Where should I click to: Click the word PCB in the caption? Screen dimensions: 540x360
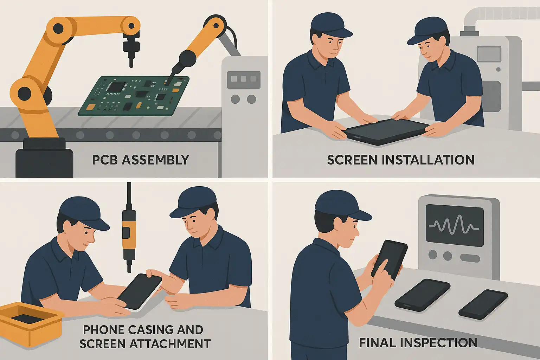[x=105, y=160]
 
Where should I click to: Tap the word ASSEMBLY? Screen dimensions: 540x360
[x=155, y=160]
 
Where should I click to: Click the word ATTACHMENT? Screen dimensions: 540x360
[x=170, y=344]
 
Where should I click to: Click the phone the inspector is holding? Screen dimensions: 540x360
[x=389, y=261]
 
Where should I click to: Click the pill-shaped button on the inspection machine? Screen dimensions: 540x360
[x=470, y=258]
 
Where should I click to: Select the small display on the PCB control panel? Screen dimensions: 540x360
[x=244, y=79]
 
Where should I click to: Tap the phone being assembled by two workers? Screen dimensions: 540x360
[x=139, y=291]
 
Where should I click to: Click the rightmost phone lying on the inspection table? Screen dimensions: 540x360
[x=483, y=304]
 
